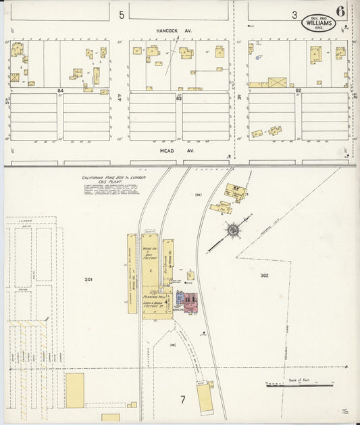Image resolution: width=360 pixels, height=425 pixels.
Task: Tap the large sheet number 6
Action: (339, 11)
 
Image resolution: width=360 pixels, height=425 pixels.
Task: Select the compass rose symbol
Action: (234, 230)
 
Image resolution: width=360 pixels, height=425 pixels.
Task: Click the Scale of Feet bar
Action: (299, 385)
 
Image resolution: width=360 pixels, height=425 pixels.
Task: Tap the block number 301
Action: (88, 279)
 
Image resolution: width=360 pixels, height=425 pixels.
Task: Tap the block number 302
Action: (265, 276)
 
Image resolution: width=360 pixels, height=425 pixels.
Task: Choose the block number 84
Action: (61, 90)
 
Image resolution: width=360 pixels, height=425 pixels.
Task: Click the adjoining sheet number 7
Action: (182, 400)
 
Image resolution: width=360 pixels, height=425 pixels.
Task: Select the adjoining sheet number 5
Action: (122, 14)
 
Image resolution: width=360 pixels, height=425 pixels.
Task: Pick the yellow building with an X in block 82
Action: (277, 82)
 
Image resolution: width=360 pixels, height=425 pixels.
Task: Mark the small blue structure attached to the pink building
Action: (179, 297)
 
